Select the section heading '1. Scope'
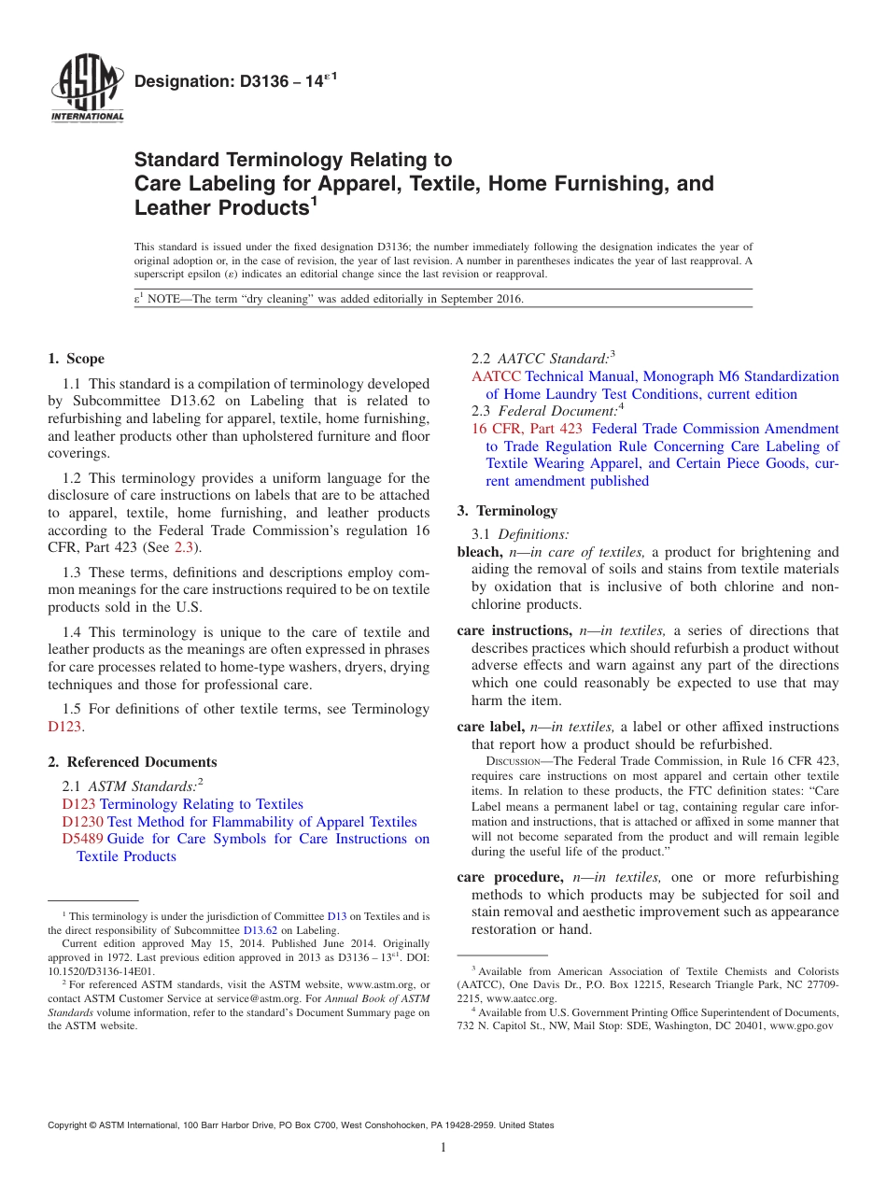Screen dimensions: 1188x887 click(x=77, y=359)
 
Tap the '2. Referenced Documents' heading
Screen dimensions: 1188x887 click(x=133, y=762)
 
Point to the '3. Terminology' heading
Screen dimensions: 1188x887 click(x=507, y=511)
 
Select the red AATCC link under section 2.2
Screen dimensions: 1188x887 click(x=496, y=376)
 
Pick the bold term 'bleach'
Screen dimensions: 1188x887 click(x=479, y=552)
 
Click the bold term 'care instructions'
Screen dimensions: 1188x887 click(x=514, y=630)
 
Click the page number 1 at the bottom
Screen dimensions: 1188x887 click(x=443, y=1148)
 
